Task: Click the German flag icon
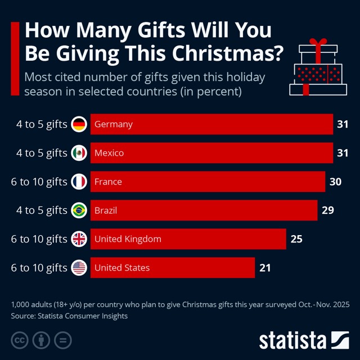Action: point(79,124)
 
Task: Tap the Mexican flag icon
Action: point(79,153)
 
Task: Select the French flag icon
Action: point(79,182)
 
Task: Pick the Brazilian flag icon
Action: point(79,210)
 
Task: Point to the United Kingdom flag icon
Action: point(79,239)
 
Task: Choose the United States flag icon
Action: point(79,268)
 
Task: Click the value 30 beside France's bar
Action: point(335,182)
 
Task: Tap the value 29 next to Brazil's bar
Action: point(328,210)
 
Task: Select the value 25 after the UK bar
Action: point(296,239)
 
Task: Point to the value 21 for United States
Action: point(265,268)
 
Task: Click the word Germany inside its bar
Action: point(114,124)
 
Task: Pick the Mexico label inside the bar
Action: point(109,153)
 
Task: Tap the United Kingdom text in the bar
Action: point(128,239)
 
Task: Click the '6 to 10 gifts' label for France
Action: point(39,182)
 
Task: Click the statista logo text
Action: point(292,340)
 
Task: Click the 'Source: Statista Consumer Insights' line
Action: point(69,316)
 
